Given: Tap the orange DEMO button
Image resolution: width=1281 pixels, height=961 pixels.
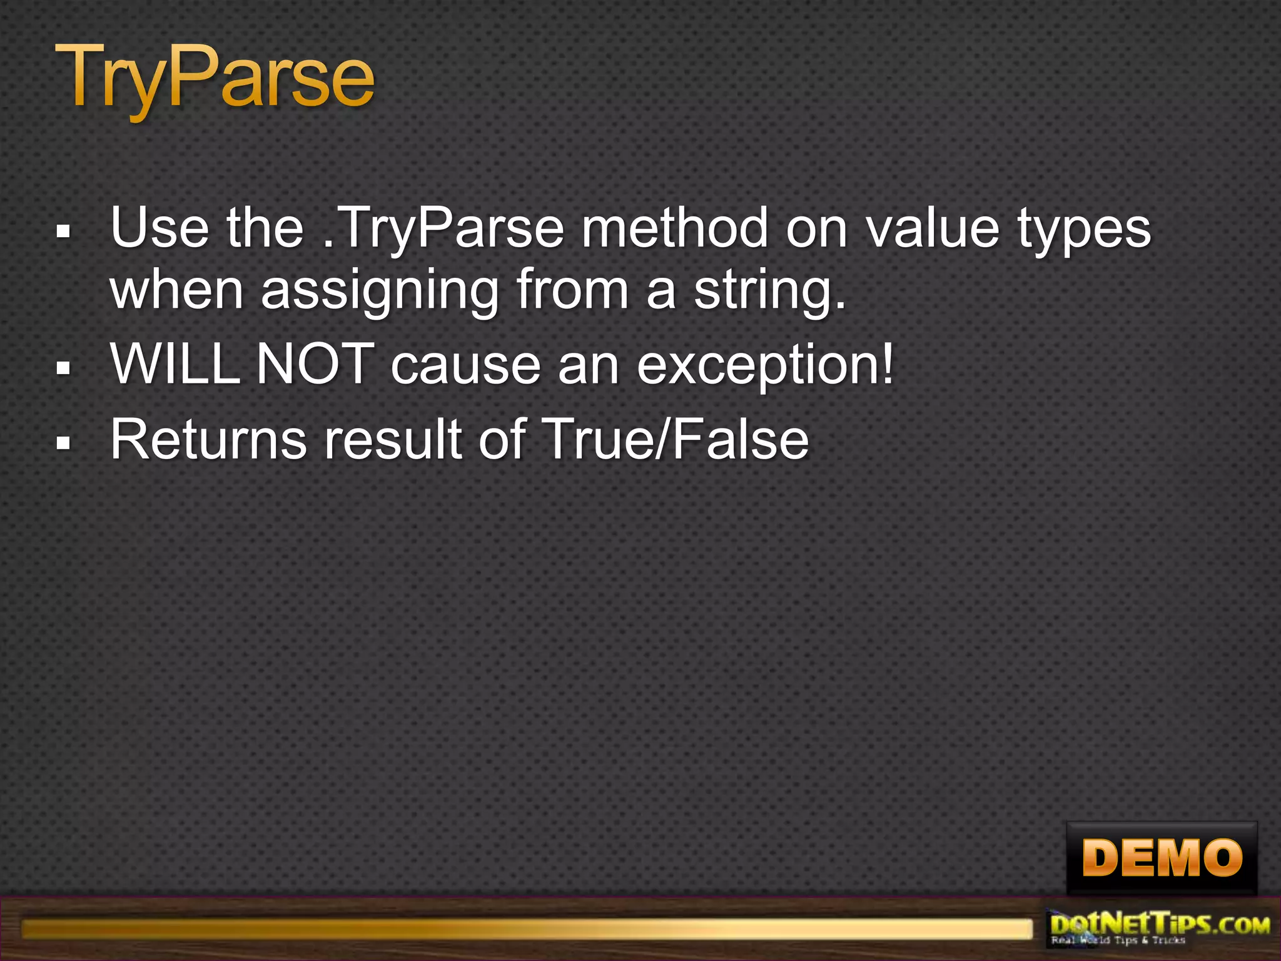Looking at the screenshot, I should click(x=1162, y=858).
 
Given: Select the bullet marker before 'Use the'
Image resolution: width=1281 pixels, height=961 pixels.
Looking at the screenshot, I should click(x=63, y=232).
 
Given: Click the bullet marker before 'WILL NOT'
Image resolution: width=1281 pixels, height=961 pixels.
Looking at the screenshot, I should click(x=63, y=369).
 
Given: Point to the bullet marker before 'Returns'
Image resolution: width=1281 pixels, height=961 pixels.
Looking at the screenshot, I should click(x=63, y=444).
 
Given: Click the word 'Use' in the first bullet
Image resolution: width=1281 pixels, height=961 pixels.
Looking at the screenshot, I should click(x=159, y=228).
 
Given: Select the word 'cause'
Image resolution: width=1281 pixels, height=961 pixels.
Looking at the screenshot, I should click(x=465, y=366).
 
